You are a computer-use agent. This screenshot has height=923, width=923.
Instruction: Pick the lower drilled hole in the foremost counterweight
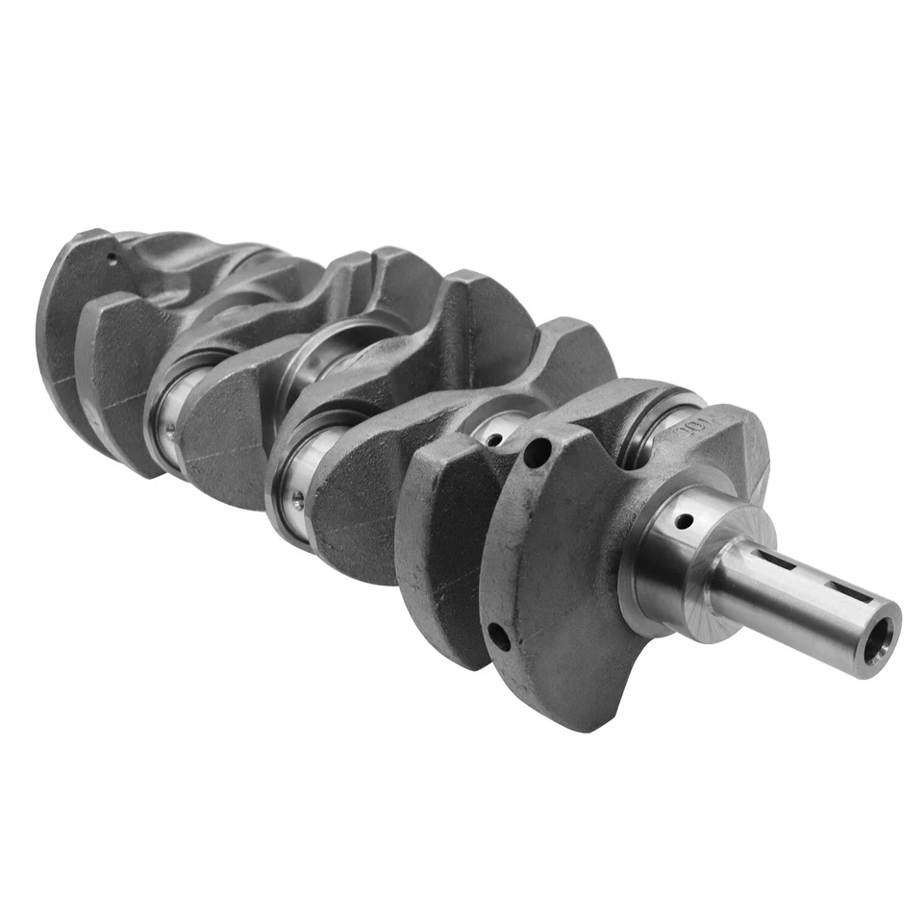click(497, 635)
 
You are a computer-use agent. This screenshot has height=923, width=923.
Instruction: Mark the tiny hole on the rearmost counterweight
click(112, 257)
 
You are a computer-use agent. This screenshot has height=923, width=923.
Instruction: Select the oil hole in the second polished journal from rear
click(298, 499)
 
